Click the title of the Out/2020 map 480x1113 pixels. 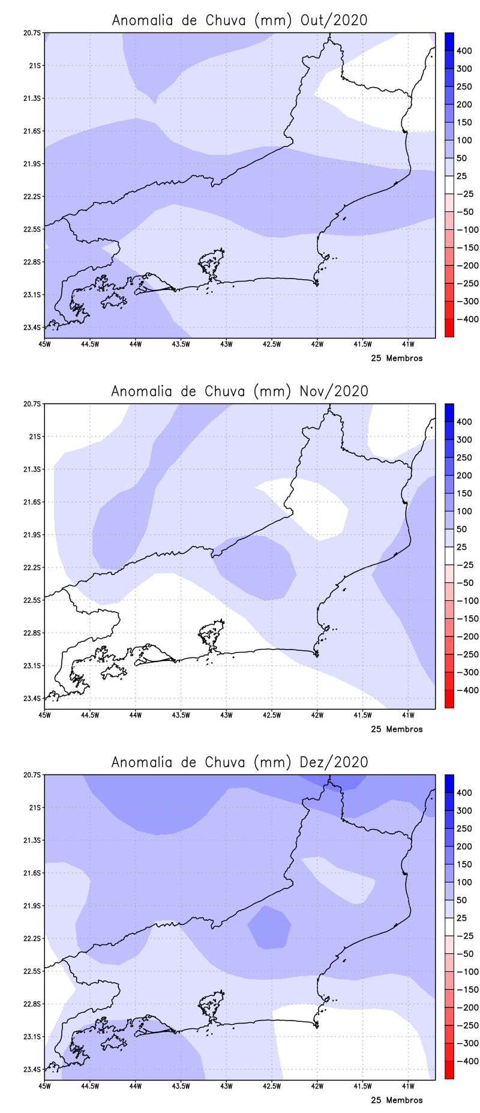pyautogui.click(x=239, y=20)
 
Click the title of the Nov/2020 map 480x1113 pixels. pyautogui.click(x=239, y=391)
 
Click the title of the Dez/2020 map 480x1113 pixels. pyautogui.click(x=239, y=762)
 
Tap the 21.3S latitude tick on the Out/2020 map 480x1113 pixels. pyautogui.click(x=34, y=98)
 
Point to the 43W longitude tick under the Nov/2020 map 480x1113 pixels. pyautogui.click(x=226, y=715)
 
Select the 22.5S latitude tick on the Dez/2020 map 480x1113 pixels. pyautogui.click(x=34, y=971)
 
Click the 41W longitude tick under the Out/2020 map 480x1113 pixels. pyautogui.click(x=408, y=344)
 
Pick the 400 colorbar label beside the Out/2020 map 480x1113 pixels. pyautogui.click(x=464, y=51)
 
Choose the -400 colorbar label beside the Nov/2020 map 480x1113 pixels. pyautogui.click(x=467, y=690)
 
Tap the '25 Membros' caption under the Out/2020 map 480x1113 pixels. pyautogui.click(x=397, y=358)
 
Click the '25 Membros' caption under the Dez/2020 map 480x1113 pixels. pyautogui.click(x=397, y=1100)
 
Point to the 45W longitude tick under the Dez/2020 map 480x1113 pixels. pyautogui.click(x=44, y=1086)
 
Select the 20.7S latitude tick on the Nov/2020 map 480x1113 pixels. pyautogui.click(x=34, y=404)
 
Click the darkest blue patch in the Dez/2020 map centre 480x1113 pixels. pyautogui.click(x=269, y=927)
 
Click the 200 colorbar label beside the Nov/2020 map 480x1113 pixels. pyautogui.click(x=464, y=475)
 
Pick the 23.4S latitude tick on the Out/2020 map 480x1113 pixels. pyautogui.click(x=34, y=327)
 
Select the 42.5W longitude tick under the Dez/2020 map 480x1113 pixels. pyautogui.click(x=272, y=1086)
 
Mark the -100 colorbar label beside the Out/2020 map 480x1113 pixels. pyautogui.click(x=467, y=230)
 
